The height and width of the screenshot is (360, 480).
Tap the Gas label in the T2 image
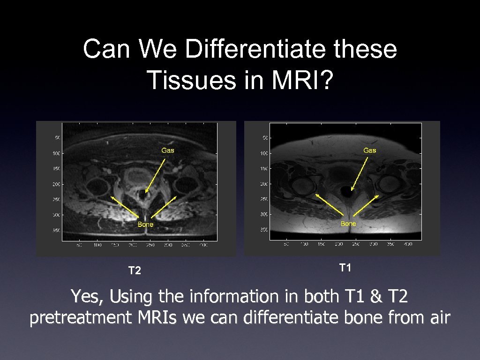tap(168, 150)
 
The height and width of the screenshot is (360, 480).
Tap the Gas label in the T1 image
tap(369, 150)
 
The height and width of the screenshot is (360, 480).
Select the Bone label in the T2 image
tap(145, 225)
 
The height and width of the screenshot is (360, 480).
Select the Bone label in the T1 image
tap(348, 224)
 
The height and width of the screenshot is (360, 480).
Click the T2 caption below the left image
tap(135, 271)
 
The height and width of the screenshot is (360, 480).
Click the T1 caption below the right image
tap(345, 268)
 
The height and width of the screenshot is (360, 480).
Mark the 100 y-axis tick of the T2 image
tap(56, 153)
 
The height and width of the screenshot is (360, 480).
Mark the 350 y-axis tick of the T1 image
tap(263, 230)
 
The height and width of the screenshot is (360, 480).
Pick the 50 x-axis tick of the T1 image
tap(286, 245)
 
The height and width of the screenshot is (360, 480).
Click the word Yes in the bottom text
tap(82, 296)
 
